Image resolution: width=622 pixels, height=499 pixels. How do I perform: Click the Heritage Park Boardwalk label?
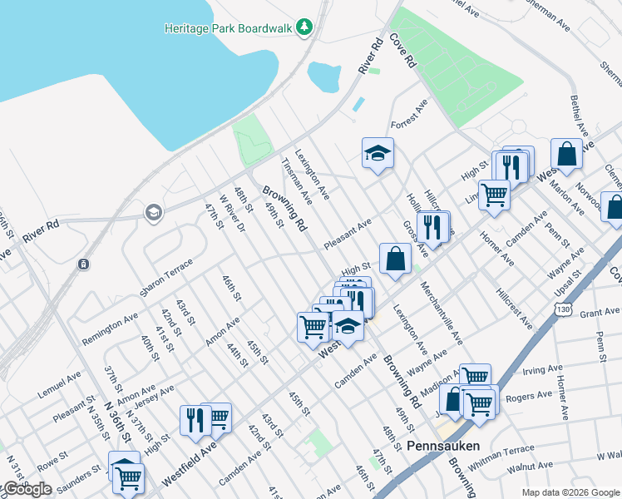[229, 27]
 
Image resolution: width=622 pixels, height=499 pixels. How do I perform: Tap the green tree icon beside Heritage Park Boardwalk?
[305, 27]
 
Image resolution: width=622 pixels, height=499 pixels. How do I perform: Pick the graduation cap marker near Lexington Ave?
[378, 154]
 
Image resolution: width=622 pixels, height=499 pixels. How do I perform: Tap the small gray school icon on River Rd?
[153, 213]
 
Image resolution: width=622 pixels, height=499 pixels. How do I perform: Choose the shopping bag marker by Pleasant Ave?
[395, 258]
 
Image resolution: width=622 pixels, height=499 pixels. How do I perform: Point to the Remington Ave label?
[111, 329]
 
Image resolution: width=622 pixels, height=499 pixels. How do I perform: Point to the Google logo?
[27, 489]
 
